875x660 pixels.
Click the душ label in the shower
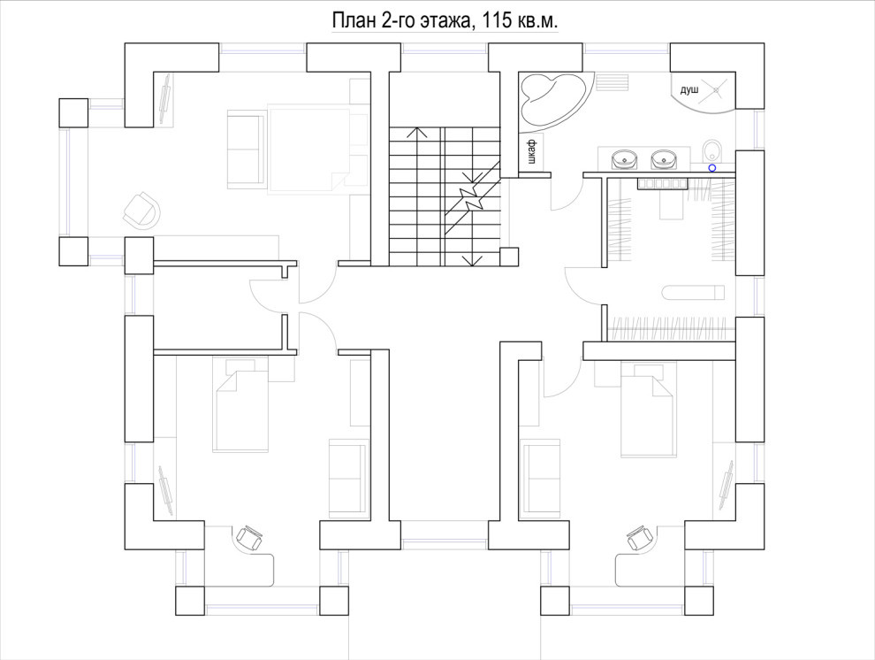(x=689, y=90)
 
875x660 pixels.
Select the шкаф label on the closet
(x=532, y=151)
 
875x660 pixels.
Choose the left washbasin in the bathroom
(x=625, y=160)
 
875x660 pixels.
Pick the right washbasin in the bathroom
(x=664, y=160)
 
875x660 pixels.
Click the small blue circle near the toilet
(x=712, y=167)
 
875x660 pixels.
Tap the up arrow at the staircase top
(x=416, y=133)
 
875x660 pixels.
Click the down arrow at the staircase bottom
(x=473, y=259)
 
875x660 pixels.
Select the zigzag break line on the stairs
(x=472, y=197)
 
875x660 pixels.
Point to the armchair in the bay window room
(x=141, y=210)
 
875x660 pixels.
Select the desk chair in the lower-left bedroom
(x=248, y=538)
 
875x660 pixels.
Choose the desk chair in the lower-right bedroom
(x=640, y=538)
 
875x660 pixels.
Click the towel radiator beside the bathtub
(x=612, y=82)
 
